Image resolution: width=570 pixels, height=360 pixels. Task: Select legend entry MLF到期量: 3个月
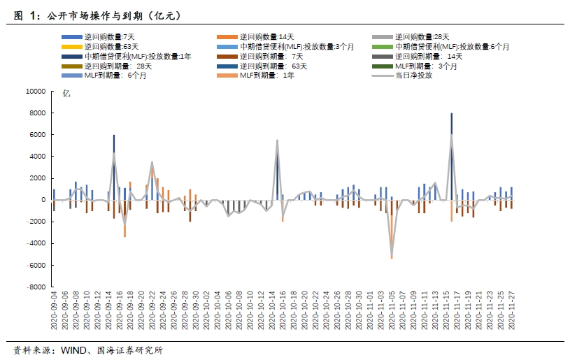(425, 66)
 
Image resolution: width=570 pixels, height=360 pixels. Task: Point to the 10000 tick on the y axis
(35, 91)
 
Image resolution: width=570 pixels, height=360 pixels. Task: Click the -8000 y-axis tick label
(35, 287)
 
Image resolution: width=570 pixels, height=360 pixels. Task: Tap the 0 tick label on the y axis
(43, 200)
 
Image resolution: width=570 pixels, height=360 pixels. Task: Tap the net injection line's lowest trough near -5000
(392, 256)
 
